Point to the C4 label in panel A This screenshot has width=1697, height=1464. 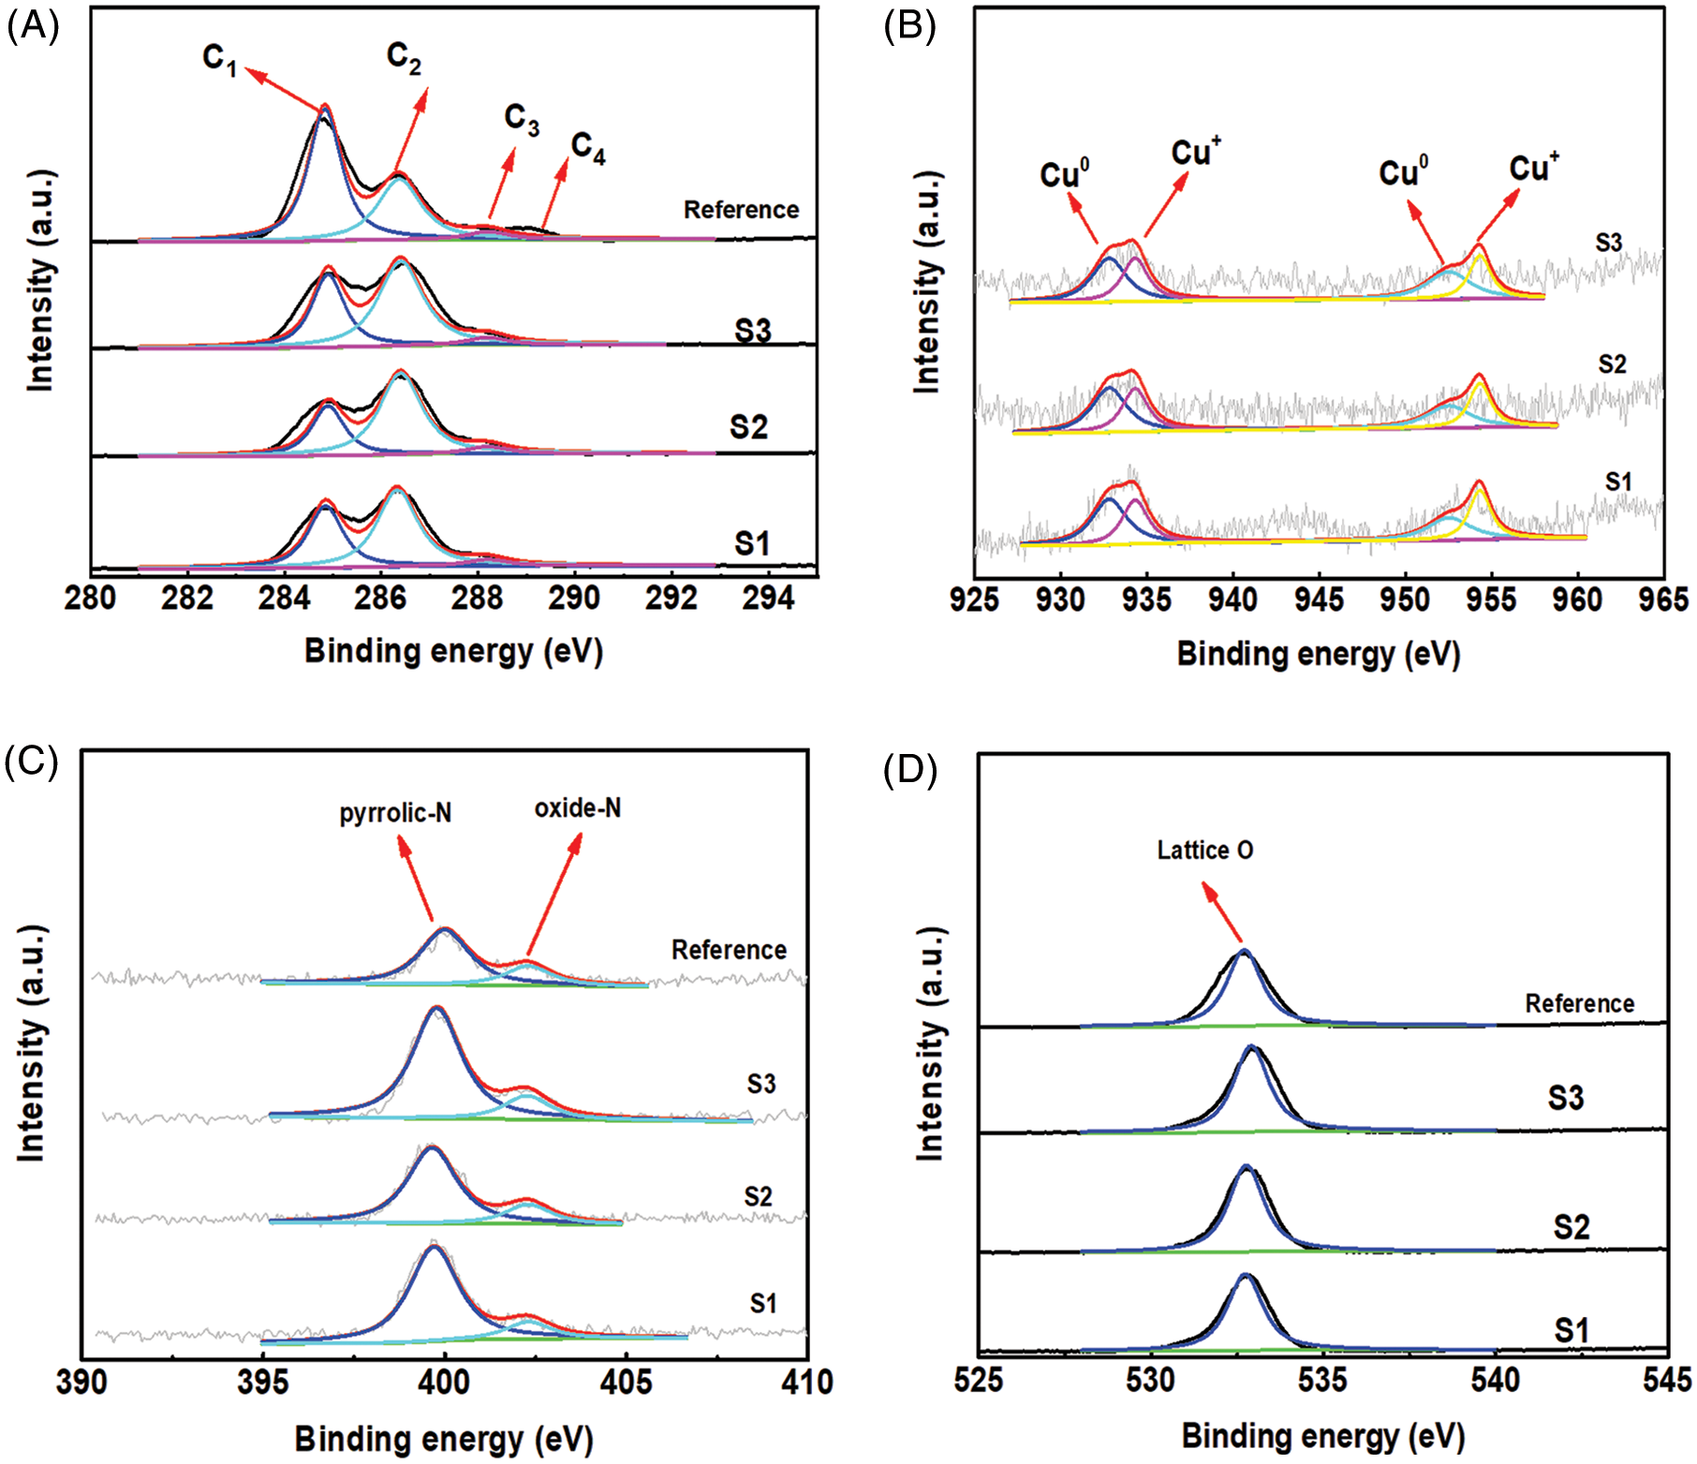point(588,148)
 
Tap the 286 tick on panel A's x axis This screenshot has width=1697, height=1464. point(380,597)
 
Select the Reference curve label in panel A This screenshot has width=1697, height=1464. point(741,210)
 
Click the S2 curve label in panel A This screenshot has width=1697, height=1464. point(748,427)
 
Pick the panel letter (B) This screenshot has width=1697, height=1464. point(909,27)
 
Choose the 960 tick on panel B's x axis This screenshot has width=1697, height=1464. point(1577,599)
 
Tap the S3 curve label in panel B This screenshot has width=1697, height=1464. point(1608,243)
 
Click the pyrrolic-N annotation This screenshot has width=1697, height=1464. point(395,813)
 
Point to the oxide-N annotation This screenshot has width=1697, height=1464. point(577,808)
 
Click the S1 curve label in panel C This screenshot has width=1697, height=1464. point(762,1303)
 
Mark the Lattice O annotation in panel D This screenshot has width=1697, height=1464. point(1204,850)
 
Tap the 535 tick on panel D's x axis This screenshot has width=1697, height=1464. point(1322,1380)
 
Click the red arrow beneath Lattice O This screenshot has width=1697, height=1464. point(1223,912)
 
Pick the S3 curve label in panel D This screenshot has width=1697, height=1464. point(1565,1097)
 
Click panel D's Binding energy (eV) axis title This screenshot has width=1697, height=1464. point(1322,1436)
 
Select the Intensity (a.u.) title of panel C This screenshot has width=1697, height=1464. point(31,1043)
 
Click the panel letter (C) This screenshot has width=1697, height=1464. point(31,763)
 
